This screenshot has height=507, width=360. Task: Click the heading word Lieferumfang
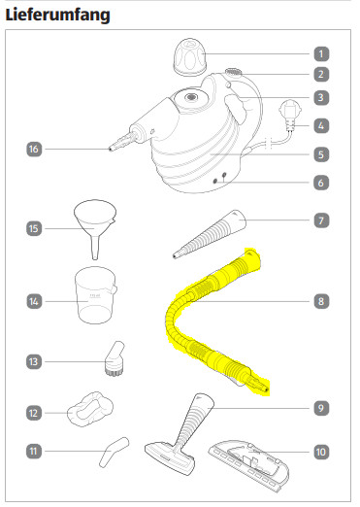[x=58, y=16]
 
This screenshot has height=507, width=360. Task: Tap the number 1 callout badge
[x=321, y=53]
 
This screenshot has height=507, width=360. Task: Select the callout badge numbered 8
[x=321, y=301]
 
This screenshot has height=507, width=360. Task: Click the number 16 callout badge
[x=34, y=149]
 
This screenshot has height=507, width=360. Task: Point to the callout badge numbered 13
[x=34, y=361]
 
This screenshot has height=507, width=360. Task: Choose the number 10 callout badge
[x=321, y=452]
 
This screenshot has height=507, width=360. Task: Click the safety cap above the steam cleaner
[x=190, y=57]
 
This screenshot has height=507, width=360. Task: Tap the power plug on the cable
[x=290, y=115]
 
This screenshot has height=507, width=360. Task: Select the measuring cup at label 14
[x=95, y=295]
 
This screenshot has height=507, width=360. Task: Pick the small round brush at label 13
[x=115, y=358]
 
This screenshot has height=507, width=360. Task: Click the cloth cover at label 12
[x=90, y=409]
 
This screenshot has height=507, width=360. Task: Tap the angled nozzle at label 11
[x=113, y=451]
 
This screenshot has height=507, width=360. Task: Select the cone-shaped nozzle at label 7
[x=210, y=234]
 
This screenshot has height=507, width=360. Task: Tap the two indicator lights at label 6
[x=219, y=178]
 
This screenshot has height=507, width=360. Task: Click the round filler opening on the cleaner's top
[x=190, y=97]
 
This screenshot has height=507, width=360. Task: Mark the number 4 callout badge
[x=321, y=125]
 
